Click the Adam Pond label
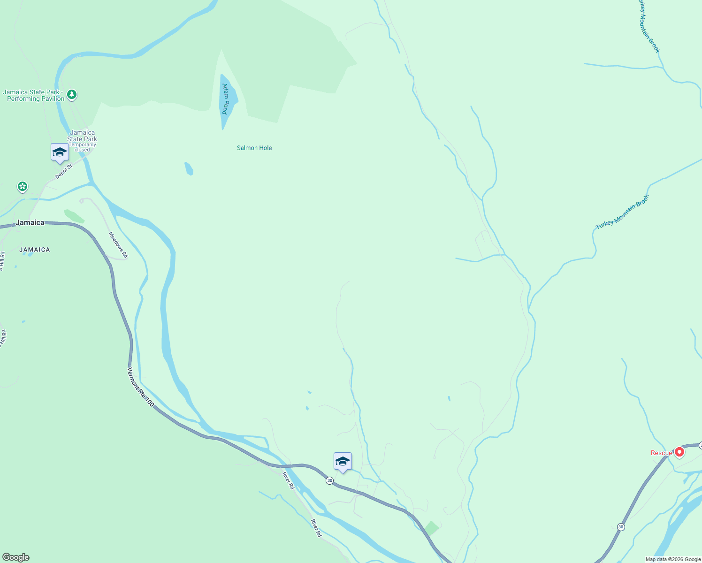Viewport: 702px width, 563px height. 225,99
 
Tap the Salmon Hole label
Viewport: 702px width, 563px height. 254,148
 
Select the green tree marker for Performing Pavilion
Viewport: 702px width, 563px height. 72,95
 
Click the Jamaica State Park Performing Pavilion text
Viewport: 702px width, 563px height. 34,96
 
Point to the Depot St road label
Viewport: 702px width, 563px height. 64,171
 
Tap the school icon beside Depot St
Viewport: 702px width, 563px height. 60,152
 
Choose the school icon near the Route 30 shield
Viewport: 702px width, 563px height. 343,462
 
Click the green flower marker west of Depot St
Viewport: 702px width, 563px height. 22,187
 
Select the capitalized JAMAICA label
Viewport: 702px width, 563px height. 35,250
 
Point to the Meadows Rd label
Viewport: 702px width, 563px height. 118,245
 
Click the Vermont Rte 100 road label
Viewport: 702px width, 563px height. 140,387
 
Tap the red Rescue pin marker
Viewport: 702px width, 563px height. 679,452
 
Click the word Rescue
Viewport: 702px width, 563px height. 661,453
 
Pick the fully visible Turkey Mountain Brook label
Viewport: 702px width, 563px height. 622,212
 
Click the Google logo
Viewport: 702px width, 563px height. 16,557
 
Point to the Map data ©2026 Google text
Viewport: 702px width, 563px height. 673,559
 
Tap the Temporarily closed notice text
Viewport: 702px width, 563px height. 82,147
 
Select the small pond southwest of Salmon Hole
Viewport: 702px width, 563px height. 189,168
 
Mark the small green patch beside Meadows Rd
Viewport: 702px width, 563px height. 74,216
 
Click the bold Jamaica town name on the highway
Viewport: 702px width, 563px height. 30,222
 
